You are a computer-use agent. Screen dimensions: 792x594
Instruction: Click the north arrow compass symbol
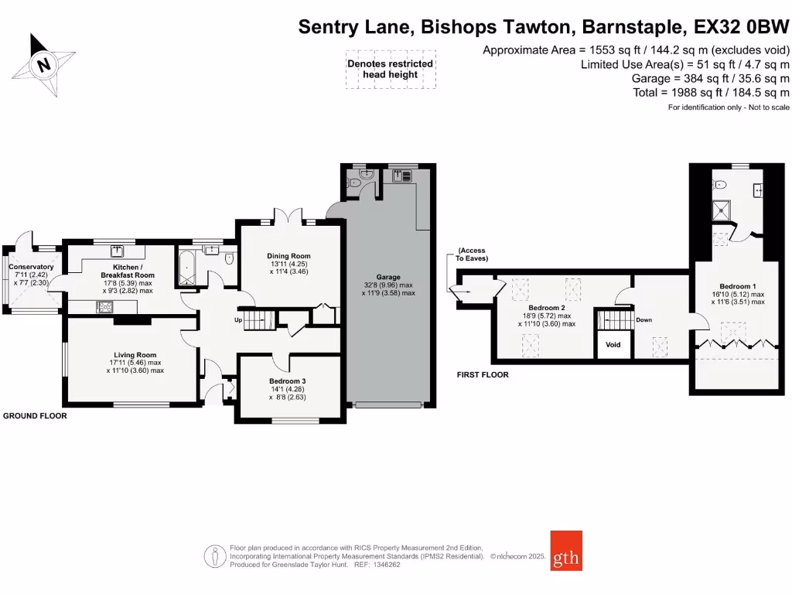click(x=43, y=64)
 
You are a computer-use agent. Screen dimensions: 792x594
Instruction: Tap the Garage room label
click(x=388, y=277)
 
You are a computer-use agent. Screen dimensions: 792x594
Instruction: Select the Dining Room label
click(x=288, y=256)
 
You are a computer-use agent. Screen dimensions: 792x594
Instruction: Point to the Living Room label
click(x=135, y=355)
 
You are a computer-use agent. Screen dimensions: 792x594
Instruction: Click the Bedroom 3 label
click(x=288, y=381)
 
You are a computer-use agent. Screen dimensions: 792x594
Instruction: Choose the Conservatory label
click(x=31, y=267)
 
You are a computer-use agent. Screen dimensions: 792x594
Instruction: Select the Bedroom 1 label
click(x=738, y=285)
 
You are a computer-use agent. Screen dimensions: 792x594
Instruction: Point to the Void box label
click(x=613, y=345)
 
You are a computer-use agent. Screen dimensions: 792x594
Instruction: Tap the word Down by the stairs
click(x=644, y=319)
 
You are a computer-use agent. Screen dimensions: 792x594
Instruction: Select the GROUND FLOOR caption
click(x=36, y=416)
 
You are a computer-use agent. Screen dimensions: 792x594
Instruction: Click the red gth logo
click(x=566, y=550)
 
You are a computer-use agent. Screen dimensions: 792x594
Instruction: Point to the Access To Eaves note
click(x=472, y=254)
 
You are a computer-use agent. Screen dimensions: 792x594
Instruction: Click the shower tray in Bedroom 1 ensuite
click(x=722, y=208)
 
